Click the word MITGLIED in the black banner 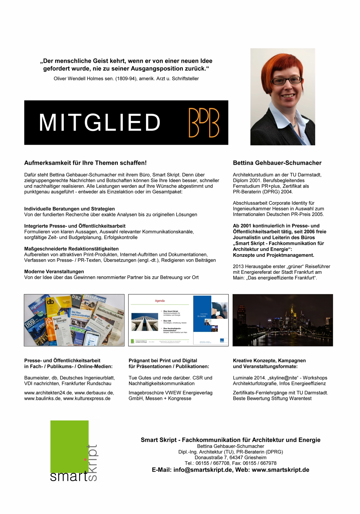100,122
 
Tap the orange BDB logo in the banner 204,123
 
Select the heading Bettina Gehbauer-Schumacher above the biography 277,163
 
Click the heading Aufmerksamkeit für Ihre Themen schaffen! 85,163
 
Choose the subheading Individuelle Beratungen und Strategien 69,209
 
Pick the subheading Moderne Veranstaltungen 54,272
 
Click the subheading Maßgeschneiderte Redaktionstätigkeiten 71,249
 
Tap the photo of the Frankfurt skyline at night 283,320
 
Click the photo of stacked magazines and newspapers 74,320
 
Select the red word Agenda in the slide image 160,301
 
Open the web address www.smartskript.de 281,470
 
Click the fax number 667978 268,463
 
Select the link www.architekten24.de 48,393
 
